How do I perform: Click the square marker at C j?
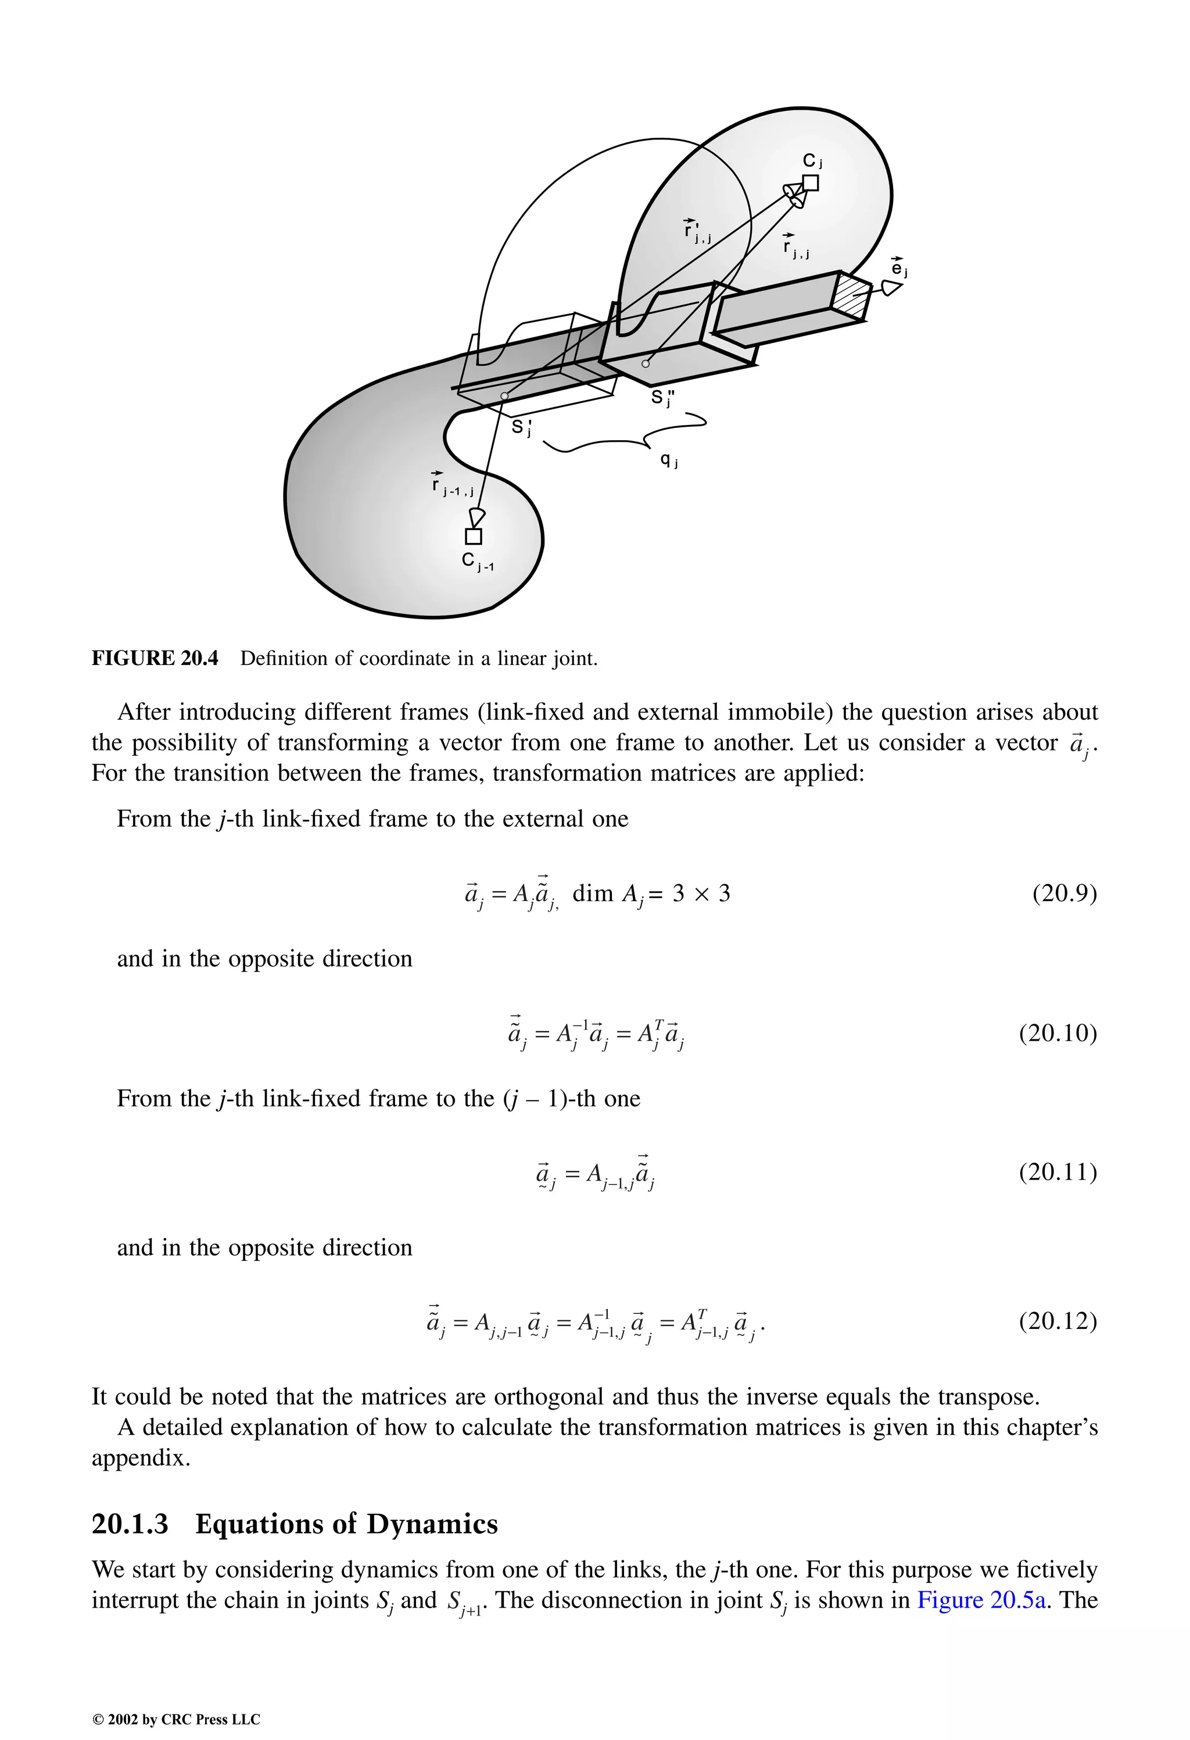coord(811,183)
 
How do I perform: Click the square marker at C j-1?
coord(473,536)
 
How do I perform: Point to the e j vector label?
coord(899,268)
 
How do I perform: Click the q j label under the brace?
coord(668,461)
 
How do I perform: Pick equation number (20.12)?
coord(1058,1321)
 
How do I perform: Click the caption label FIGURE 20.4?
coord(155,658)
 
